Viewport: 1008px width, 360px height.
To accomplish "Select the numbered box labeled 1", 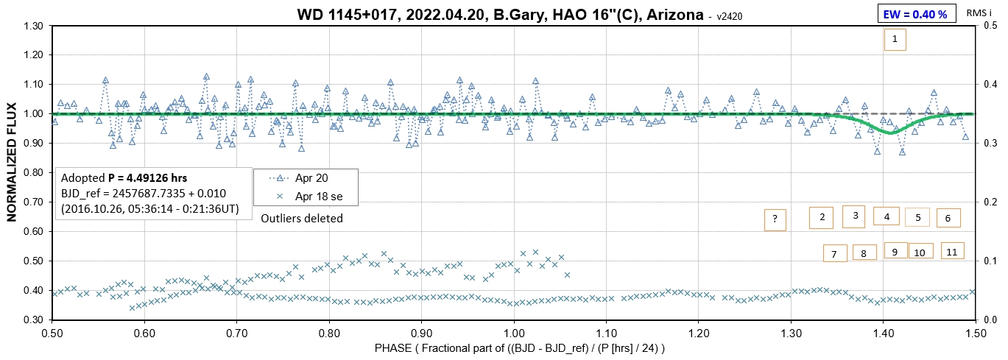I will tap(895, 40).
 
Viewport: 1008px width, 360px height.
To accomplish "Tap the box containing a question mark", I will tap(775, 219).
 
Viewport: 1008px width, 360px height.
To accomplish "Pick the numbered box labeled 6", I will tap(948, 218).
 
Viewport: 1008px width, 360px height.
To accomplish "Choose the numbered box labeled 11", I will tap(952, 251).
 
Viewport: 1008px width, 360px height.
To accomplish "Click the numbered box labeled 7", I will tap(834, 254).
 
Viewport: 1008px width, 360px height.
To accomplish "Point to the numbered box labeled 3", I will tap(855, 216).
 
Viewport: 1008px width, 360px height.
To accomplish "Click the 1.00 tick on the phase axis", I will tap(514, 332).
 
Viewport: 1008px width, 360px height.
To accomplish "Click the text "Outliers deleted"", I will tap(302, 218).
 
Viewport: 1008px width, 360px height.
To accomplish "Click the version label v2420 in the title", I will tap(731, 15).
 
